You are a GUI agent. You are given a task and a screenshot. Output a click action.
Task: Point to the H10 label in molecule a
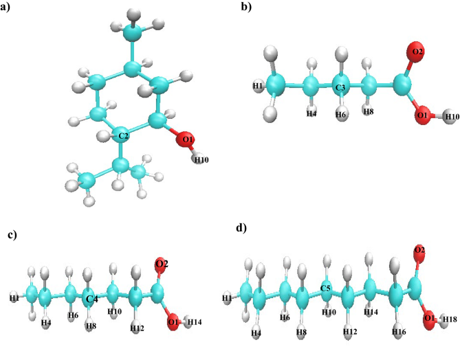point(201,160)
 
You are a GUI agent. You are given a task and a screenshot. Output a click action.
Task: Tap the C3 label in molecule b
point(341,89)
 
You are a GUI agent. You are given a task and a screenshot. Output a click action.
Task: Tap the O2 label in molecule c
point(161,264)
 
